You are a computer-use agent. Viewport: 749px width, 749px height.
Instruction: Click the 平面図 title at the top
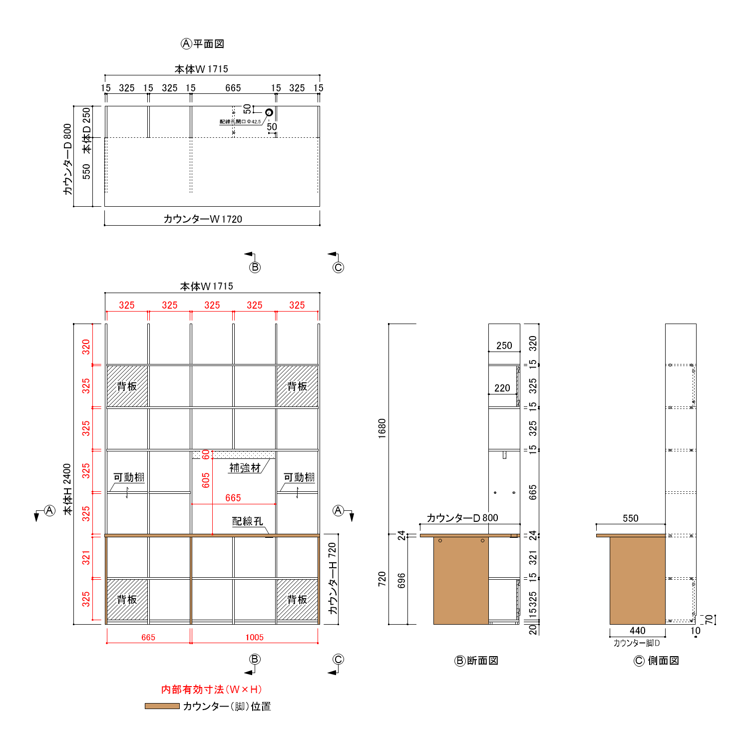(x=209, y=44)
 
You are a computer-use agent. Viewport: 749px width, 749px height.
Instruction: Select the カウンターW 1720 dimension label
(x=203, y=219)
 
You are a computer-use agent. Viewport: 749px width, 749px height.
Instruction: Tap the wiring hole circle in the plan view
(x=269, y=112)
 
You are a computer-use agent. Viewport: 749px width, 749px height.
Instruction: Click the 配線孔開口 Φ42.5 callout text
(x=240, y=121)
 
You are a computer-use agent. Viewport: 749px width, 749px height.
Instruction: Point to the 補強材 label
(x=245, y=468)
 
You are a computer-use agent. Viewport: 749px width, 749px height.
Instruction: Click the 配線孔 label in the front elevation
(x=248, y=521)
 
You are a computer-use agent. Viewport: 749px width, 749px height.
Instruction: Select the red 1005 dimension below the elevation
(x=254, y=637)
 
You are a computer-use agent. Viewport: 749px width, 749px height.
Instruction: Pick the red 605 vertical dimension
(x=206, y=480)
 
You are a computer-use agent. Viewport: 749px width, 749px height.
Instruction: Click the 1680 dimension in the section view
(x=382, y=428)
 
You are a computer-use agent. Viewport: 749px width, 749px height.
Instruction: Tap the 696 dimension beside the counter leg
(x=401, y=581)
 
